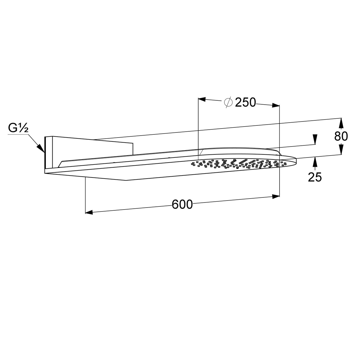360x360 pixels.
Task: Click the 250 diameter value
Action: pyautogui.click(x=245, y=103)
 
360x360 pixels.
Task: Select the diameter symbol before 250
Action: pyautogui.click(x=228, y=102)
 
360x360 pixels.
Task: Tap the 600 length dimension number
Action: pyautogui.click(x=182, y=204)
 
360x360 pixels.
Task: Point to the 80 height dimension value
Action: pyautogui.click(x=341, y=136)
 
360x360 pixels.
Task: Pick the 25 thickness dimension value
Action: pyautogui.click(x=315, y=177)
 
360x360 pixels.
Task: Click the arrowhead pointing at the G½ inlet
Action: pyautogui.click(x=41, y=148)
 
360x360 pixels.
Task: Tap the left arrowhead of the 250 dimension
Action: pyautogui.click(x=202, y=99)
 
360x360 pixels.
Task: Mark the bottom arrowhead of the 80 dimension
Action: pyautogui.click(x=341, y=149)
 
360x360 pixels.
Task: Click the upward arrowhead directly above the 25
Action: pyautogui.click(x=315, y=161)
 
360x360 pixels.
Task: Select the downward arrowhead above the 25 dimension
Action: pyautogui.click(x=315, y=139)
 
